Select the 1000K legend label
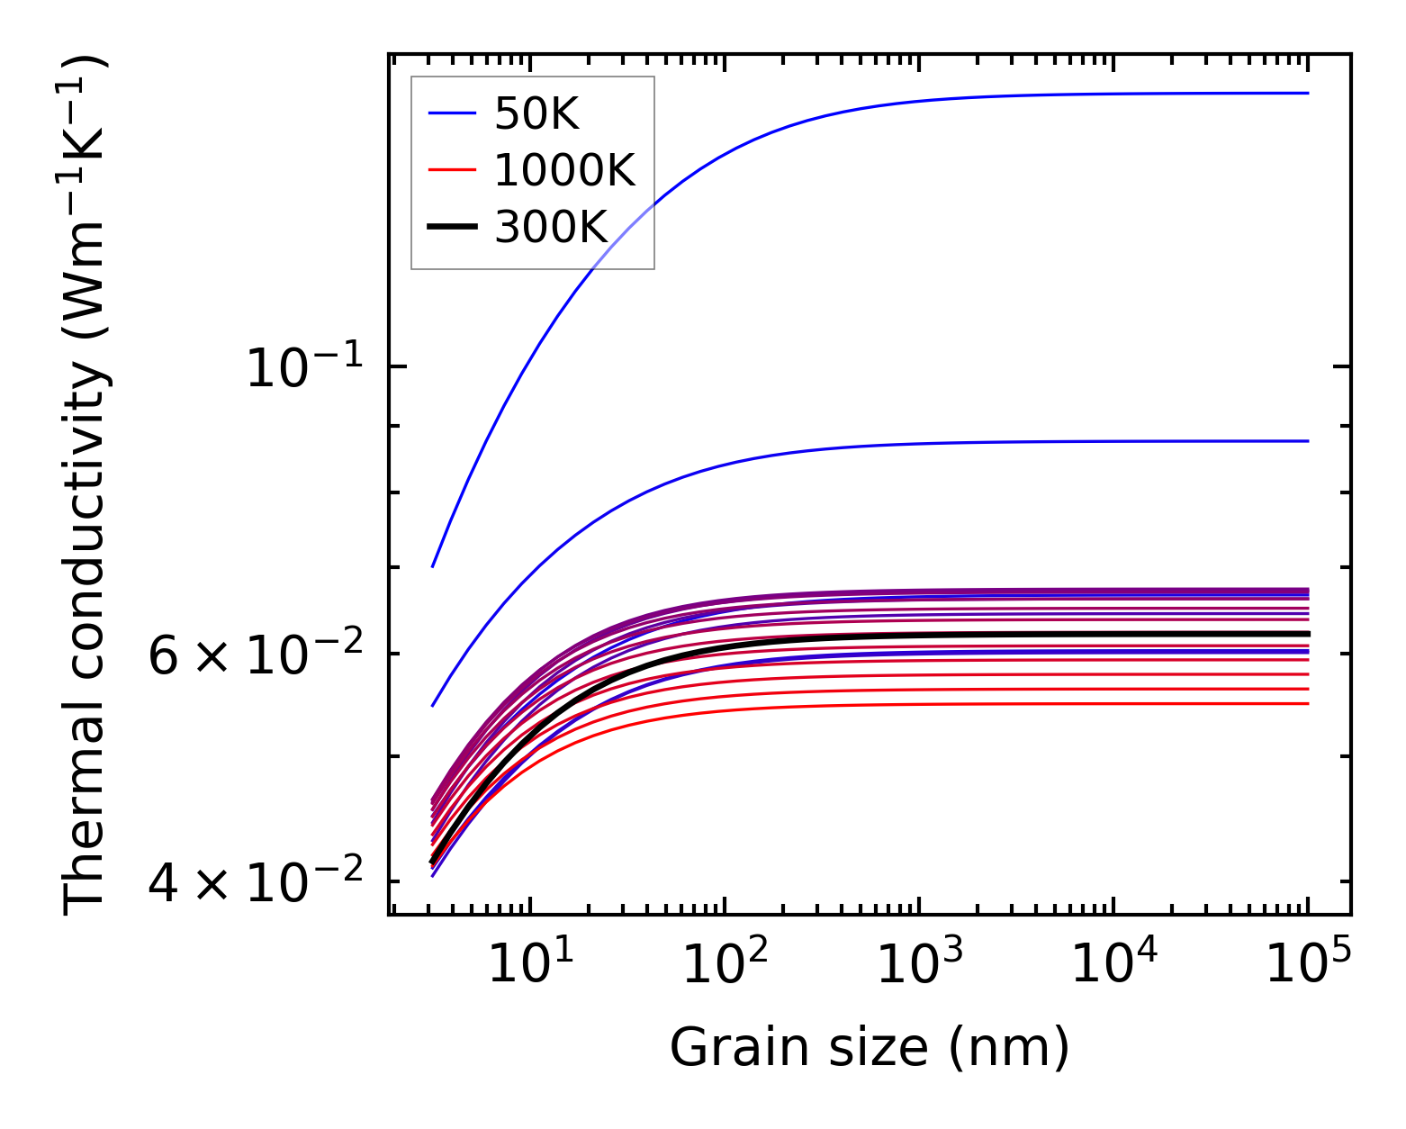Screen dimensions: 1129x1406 click(x=564, y=170)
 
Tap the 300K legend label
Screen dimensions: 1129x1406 click(x=552, y=227)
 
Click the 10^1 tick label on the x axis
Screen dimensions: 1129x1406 click(x=530, y=964)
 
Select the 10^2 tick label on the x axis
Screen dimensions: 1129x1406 click(x=725, y=964)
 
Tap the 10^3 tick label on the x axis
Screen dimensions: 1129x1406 click(x=919, y=964)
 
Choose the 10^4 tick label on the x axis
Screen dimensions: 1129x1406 click(x=1113, y=964)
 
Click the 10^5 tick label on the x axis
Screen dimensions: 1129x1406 click(x=1308, y=964)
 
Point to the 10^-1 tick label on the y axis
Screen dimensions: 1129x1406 click(x=304, y=368)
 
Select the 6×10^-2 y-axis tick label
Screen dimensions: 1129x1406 click(x=256, y=655)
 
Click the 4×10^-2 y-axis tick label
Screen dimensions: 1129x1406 click(x=256, y=882)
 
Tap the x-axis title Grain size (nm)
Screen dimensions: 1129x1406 click(x=870, y=1048)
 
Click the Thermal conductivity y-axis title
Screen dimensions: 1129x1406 click(x=86, y=484)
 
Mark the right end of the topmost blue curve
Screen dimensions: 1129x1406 click(x=1307, y=93)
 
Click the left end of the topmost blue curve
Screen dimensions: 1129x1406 click(x=433, y=566)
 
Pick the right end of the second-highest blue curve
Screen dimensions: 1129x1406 click(x=1307, y=441)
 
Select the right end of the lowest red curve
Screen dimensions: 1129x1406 click(x=1307, y=703)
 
